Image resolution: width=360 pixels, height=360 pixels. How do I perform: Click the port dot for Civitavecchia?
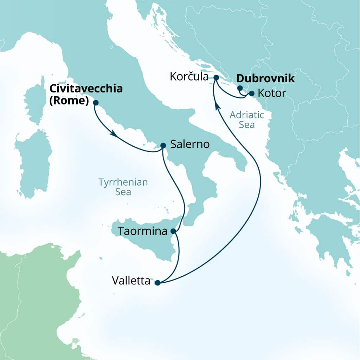tap(95, 103)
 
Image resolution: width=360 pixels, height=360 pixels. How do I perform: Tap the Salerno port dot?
tap(163, 145)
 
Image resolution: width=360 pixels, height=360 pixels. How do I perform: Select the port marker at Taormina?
tap(173, 231)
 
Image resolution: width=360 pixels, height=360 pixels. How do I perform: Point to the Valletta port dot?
tap(157, 282)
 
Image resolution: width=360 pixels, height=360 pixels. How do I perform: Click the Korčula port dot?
tap(216, 77)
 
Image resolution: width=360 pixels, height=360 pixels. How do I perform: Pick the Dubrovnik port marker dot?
tap(240, 88)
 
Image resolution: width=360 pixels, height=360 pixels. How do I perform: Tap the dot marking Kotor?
tap(251, 94)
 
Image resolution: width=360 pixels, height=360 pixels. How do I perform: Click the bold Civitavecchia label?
tap(86, 88)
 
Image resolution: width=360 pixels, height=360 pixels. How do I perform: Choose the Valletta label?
tap(131, 281)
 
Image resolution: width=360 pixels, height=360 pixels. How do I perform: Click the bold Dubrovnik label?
tap(266, 79)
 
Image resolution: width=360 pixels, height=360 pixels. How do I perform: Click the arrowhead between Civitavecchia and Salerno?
tap(113, 134)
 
